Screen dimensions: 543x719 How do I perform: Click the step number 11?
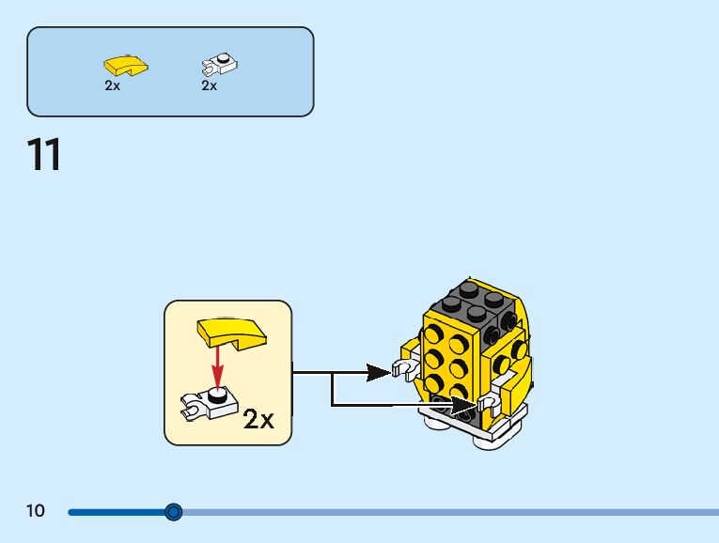click(x=44, y=155)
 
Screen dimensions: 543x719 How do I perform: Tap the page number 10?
click(x=35, y=511)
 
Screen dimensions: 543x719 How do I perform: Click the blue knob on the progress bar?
click(x=173, y=512)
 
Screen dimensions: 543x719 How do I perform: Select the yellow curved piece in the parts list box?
click(x=124, y=66)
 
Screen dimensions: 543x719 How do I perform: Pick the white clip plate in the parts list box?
click(x=220, y=66)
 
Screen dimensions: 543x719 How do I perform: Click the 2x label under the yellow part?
click(x=113, y=85)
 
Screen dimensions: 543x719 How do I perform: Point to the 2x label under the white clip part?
click(x=209, y=85)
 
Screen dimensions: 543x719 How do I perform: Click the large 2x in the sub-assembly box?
click(x=258, y=419)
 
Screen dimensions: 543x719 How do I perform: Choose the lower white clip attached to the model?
click(x=489, y=403)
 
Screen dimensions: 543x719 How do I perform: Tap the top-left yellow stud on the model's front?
click(x=435, y=333)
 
